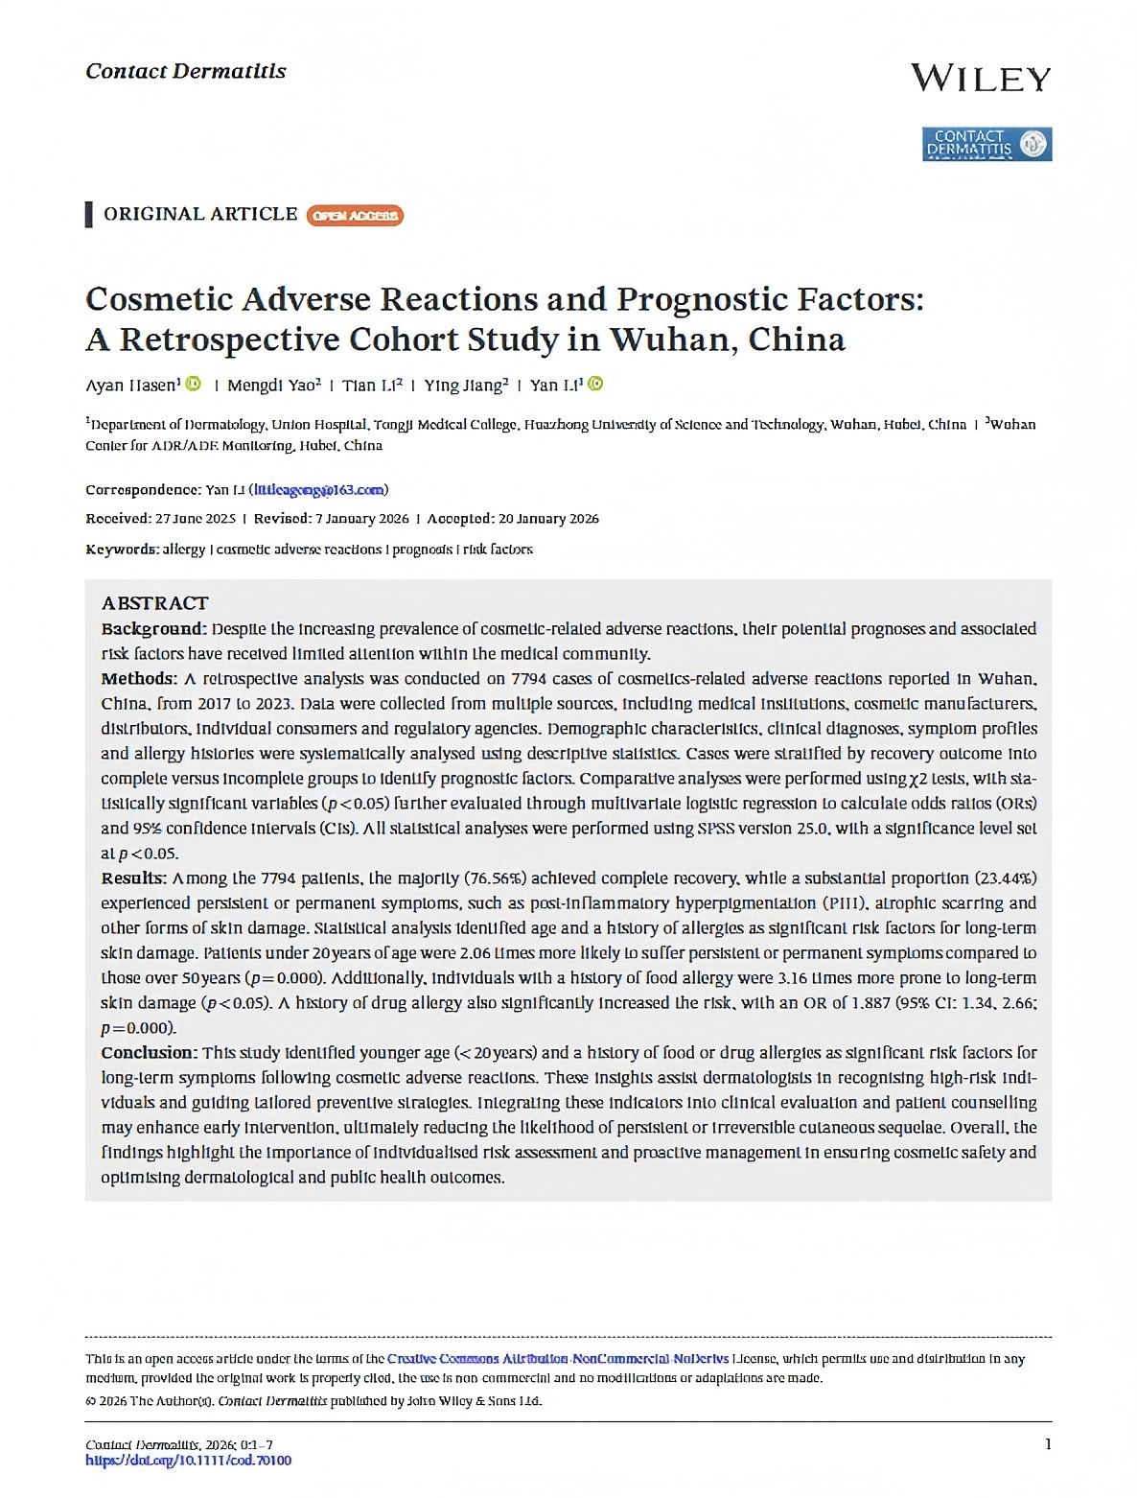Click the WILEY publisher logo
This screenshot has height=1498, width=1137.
pyautogui.click(x=980, y=79)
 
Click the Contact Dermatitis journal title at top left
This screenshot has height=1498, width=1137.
pyautogui.click(x=185, y=71)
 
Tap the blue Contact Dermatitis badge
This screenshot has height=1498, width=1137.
pyautogui.click(x=986, y=144)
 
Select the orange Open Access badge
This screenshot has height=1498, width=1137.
pyautogui.click(x=355, y=216)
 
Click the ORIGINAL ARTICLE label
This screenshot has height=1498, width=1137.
pyautogui.click(x=200, y=214)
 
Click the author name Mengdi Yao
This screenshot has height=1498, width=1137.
pyautogui.click(x=272, y=386)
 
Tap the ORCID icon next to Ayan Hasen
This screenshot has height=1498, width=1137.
pyautogui.click(x=194, y=385)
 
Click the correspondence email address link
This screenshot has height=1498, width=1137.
pyautogui.click(x=319, y=490)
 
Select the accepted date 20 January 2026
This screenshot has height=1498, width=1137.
pyautogui.click(x=548, y=519)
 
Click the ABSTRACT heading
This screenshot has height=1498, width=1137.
pyautogui.click(x=154, y=603)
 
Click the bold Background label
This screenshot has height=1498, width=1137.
pyautogui.click(x=153, y=629)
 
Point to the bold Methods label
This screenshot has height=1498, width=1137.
pyautogui.click(x=139, y=679)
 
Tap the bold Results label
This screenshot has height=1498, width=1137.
pyautogui.click(x=134, y=878)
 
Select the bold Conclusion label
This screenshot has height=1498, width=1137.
pyautogui.click(x=150, y=1053)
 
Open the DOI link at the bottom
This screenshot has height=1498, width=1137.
pyautogui.click(x=188, y=1461)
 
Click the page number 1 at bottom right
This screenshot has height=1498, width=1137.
pyautogui.click(x=1048, y=1444)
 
